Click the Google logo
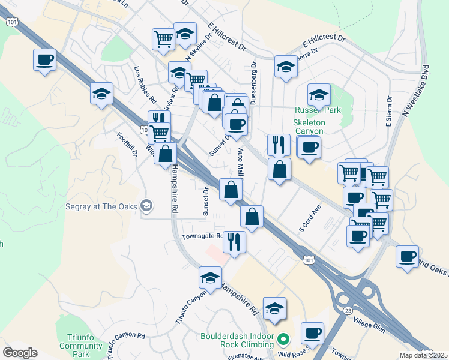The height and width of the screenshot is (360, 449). [x=20, y=352]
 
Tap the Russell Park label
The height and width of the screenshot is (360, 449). [x=318, y=110]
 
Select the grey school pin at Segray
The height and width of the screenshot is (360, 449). [x=146, y=206]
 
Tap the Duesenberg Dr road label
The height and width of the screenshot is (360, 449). [x=253, y=83]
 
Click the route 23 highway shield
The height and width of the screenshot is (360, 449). [x=348, y=310]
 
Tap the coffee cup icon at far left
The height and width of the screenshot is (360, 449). [x=45, y=60]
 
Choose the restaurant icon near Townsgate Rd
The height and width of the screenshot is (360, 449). [x=235, y=242]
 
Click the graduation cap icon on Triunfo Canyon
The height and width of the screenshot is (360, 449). [x=211, y=278]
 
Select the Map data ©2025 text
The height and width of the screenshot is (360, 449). [x=423, y=355]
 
